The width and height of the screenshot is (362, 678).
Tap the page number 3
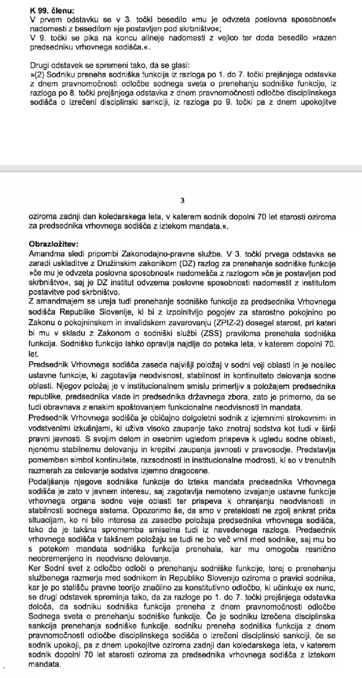(182, 201)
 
